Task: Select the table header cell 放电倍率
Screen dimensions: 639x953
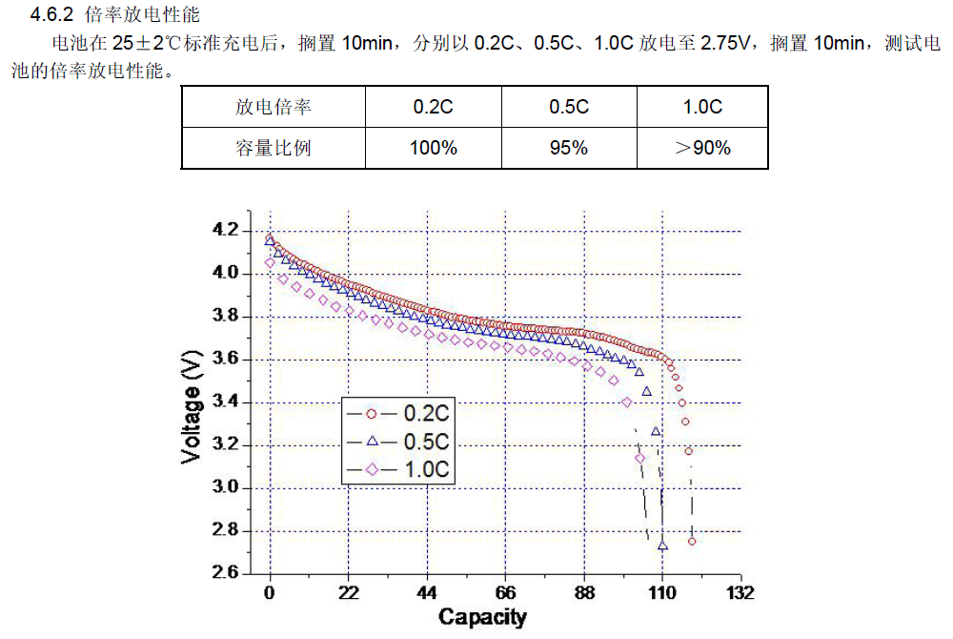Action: (274, 107)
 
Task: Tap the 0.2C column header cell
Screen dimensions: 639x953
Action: (433, 107)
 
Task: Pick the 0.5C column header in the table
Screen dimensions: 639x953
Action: (569, 107)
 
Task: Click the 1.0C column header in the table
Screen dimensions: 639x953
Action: (702, 107)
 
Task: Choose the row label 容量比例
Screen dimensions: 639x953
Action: (274, 148)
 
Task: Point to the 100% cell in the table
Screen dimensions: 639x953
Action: (433, 148)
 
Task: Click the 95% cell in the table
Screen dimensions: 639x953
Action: (569, 148)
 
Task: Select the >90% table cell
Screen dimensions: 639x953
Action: (702, 148)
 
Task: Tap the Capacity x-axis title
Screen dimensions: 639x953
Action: (482, 617)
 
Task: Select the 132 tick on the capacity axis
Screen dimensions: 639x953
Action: (740, 593)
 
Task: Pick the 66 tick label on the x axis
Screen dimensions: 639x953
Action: (505, 593)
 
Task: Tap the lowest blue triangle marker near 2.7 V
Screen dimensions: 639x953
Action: (663, 546)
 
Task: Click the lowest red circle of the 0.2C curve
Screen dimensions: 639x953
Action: (692, 541)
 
